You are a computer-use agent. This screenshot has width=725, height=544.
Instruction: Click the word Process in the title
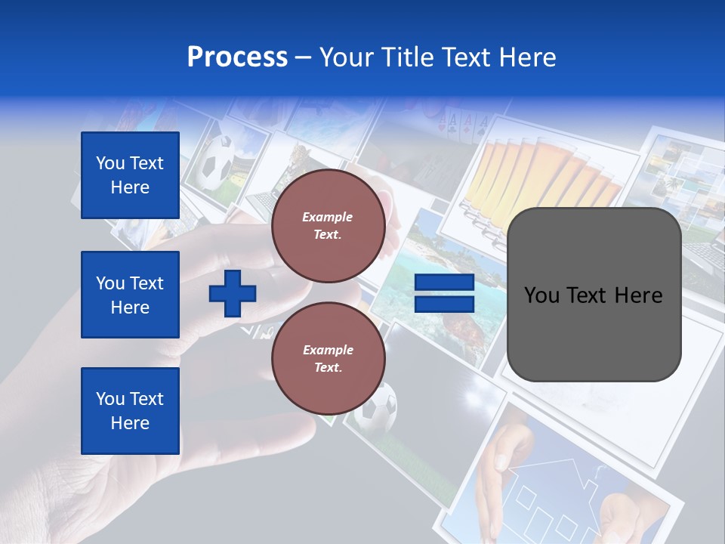[x=237, y=57]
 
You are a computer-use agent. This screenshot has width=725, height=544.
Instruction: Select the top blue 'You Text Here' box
[x=130, y=175]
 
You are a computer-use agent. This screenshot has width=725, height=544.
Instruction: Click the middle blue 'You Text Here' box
[x=130, y=295]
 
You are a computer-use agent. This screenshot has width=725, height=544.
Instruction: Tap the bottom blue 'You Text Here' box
[x=130, y=411]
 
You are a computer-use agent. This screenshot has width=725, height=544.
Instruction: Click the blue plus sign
[x=233, y=293]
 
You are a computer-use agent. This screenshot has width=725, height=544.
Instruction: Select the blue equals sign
[x=444, y=293]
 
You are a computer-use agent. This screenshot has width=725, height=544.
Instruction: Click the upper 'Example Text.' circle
[x=328, y=225]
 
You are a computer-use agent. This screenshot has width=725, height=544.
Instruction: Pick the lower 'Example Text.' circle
[x=328, y=358]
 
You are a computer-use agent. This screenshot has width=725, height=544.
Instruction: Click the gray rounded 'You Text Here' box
[x=594, y=295]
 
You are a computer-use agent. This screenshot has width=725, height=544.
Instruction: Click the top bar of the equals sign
[x=444, y=283]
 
